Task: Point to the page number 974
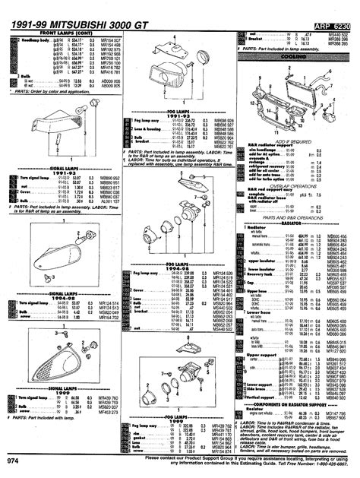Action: (13, 461)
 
